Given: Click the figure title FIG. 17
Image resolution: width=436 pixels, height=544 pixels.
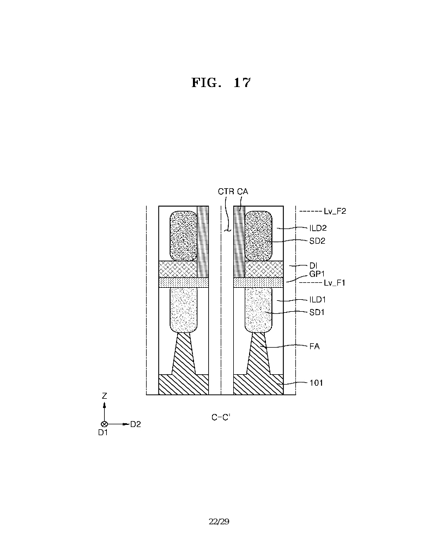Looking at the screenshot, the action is (221, 83).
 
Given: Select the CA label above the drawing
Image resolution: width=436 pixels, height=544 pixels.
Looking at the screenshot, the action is (243, 191).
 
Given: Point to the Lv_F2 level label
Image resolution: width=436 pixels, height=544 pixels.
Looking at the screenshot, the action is (335, 211).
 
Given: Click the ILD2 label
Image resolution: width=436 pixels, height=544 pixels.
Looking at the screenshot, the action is (318, 228).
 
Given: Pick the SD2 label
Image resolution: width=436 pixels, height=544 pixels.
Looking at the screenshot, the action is (317, 241).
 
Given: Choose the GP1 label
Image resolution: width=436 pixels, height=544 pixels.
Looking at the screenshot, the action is (317, 274).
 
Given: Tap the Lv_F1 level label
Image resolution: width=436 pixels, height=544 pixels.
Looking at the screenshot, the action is (335, 283).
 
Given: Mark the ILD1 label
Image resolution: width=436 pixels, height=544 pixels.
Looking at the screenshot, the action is (317, 299).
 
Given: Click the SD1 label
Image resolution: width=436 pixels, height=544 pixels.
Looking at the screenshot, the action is (317, 312).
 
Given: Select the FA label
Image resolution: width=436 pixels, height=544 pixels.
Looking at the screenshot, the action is (314, 346).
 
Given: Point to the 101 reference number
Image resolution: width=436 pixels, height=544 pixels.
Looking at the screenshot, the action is (316, 382).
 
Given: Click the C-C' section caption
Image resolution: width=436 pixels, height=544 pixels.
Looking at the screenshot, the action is (221, 417).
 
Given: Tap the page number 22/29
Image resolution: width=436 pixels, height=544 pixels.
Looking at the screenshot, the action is (219, 522).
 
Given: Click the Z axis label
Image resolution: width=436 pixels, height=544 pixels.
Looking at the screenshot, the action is (104, 395).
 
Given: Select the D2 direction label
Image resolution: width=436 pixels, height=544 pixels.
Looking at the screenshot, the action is (136, 424).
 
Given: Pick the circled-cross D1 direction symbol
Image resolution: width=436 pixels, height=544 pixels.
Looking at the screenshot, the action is (104, 424).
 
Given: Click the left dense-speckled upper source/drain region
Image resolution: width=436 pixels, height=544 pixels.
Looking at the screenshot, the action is (183, 236).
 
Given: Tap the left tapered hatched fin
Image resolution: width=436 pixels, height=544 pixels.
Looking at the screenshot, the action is (183, 354).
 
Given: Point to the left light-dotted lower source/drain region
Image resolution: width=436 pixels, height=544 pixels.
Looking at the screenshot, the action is (183, 310).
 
